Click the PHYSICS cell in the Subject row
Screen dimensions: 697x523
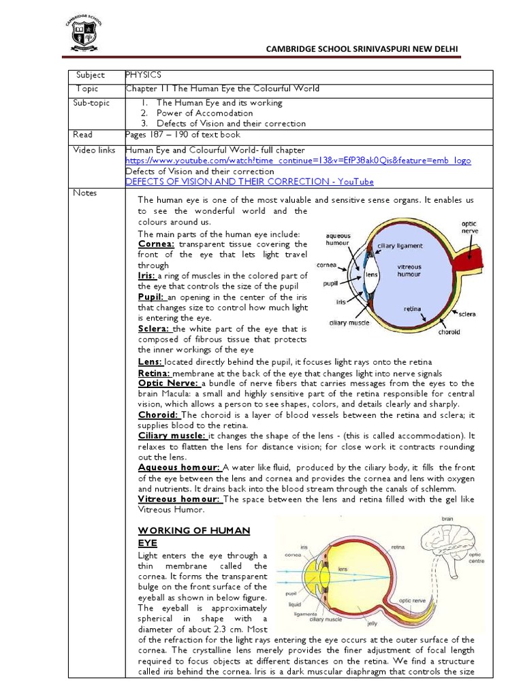pyautogui.click(x=143, y=75)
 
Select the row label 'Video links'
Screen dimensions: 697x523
pyautogui.click(x=95, y=150)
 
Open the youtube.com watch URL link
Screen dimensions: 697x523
pyautogui.click(x=298, y=161)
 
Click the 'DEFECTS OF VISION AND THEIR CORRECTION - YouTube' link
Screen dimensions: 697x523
pyautogui.click(x=249, y=182)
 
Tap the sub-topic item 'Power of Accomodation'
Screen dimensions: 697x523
pyautogui.click(x=204, y=113)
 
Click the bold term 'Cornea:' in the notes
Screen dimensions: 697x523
pyautogui.click(x=156, y=244)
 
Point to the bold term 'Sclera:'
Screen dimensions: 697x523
pyautogui.click(x=154, y=328)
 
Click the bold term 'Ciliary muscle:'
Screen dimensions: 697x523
pyautogui.click(x=172, y=434)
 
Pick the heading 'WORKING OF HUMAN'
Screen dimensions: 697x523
pyautogui.click(x=195, y=530)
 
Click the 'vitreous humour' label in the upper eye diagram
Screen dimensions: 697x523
pyautogui.click(x=409, y=270)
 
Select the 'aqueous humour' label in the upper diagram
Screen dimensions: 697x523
pyautogui.click(x=338, y=240)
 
